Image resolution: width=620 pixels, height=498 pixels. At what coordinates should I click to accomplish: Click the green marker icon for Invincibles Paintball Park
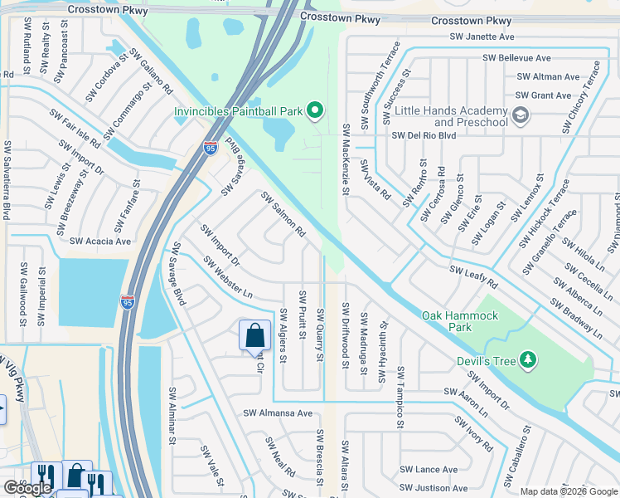(x=314, y=110)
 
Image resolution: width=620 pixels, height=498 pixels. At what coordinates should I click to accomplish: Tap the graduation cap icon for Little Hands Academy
(x=521, y=115)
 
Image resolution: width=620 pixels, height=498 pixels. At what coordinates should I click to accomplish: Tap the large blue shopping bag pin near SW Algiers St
(x=254, y=336)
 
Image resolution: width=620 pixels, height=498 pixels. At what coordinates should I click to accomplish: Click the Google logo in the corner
(x=27, y=488)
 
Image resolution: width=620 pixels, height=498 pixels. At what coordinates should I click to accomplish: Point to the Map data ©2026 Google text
(x=569, y=491)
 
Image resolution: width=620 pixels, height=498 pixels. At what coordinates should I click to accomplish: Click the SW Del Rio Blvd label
(x=424, y=135)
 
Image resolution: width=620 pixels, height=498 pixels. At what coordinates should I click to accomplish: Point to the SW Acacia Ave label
(x=101, y=242)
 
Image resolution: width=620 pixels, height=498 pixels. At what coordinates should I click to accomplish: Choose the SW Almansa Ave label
(x=277, y=413)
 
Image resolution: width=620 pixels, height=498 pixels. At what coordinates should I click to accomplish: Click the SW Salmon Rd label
(x=283, y=214)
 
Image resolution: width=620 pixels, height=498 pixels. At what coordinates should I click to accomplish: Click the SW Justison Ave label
(x=433, y=488)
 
